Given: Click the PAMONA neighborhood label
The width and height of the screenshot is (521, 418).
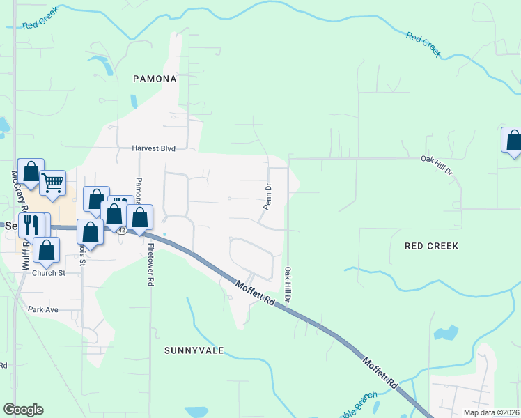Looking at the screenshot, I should (x=155, y=79).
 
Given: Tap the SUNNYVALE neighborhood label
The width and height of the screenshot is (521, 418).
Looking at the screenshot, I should (x=194, y=350).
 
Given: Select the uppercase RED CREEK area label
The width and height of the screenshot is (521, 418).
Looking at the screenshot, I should (x=432, y=246).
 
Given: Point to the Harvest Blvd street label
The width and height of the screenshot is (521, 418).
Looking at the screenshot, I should (x=153, y=148).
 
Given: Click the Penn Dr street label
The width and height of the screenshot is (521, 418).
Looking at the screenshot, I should (x=267, y=196).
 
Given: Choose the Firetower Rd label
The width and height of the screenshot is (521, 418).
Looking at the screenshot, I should (x=150, y=265).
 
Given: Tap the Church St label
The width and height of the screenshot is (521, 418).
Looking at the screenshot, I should (x=48, y=273).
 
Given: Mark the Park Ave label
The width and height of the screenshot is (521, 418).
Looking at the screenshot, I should (x=43, y=309).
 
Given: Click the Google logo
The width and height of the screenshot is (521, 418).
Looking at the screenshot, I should (x=23, y=410).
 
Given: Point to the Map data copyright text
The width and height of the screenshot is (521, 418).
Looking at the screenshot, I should (x=490, y=412).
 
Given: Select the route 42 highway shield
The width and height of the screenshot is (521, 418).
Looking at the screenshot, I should (x=122, y=230).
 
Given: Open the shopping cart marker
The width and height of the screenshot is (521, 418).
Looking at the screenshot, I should (x=53, y=183).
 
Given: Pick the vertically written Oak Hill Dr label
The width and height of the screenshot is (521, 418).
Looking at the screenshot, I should (x=286, y=284).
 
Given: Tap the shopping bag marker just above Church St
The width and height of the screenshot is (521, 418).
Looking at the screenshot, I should (x=46, y=250).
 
